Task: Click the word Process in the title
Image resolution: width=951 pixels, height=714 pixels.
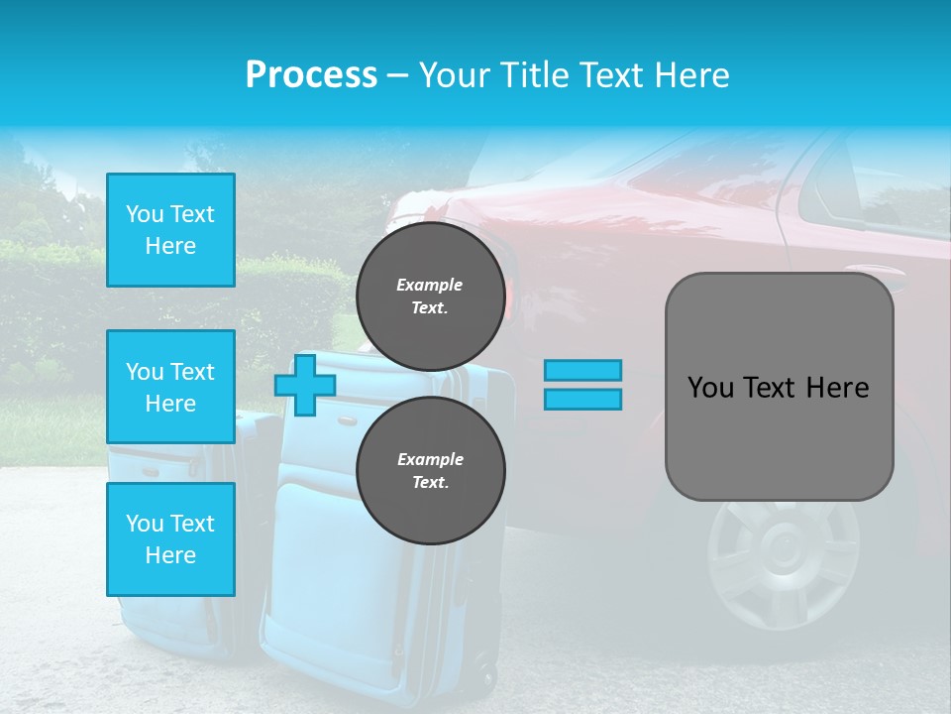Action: (x=311, y=75)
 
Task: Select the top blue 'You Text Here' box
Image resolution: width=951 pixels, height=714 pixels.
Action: (x=170, y=230)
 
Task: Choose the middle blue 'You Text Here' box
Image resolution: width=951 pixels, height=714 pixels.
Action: (x=170, y=387)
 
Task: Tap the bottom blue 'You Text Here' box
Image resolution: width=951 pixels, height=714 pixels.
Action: (x=170, y=539)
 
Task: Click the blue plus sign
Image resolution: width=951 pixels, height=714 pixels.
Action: (x=305, y=385)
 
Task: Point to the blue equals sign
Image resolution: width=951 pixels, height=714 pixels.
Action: (x=582, y=385)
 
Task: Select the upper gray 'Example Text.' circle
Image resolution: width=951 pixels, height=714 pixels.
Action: (x=430, y=296)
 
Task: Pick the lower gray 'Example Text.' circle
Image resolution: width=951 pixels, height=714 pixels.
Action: (x=430, y=470)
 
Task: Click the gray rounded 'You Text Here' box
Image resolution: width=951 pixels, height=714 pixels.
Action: (x=779, y=387)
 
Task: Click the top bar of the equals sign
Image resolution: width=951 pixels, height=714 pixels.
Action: (x=582, y=370)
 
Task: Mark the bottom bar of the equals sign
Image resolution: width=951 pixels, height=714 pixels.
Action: (x=582, y=399)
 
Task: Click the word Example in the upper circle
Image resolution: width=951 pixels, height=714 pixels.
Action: (x=429, y=285)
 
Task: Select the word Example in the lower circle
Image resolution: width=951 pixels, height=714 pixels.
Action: (x=430, y=459)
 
